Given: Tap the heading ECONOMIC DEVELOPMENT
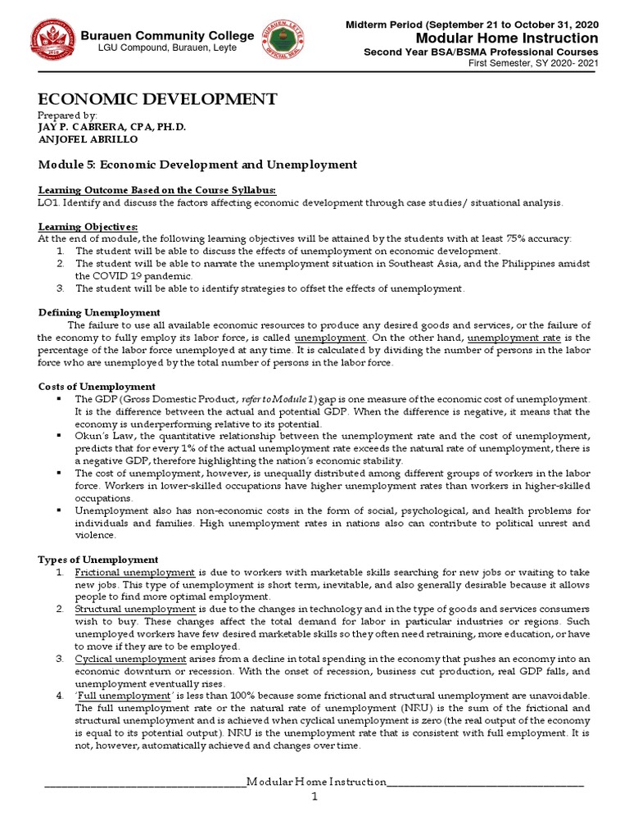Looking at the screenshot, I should point(157,99).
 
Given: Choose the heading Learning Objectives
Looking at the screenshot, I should point(88,226).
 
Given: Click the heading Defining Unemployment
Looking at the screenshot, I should point(100,312).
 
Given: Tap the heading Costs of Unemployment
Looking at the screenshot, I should point(97,386).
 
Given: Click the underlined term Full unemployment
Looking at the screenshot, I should point(120,696).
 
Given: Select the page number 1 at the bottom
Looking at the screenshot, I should point(314,797).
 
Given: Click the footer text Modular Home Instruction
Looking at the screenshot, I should point(315,782).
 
